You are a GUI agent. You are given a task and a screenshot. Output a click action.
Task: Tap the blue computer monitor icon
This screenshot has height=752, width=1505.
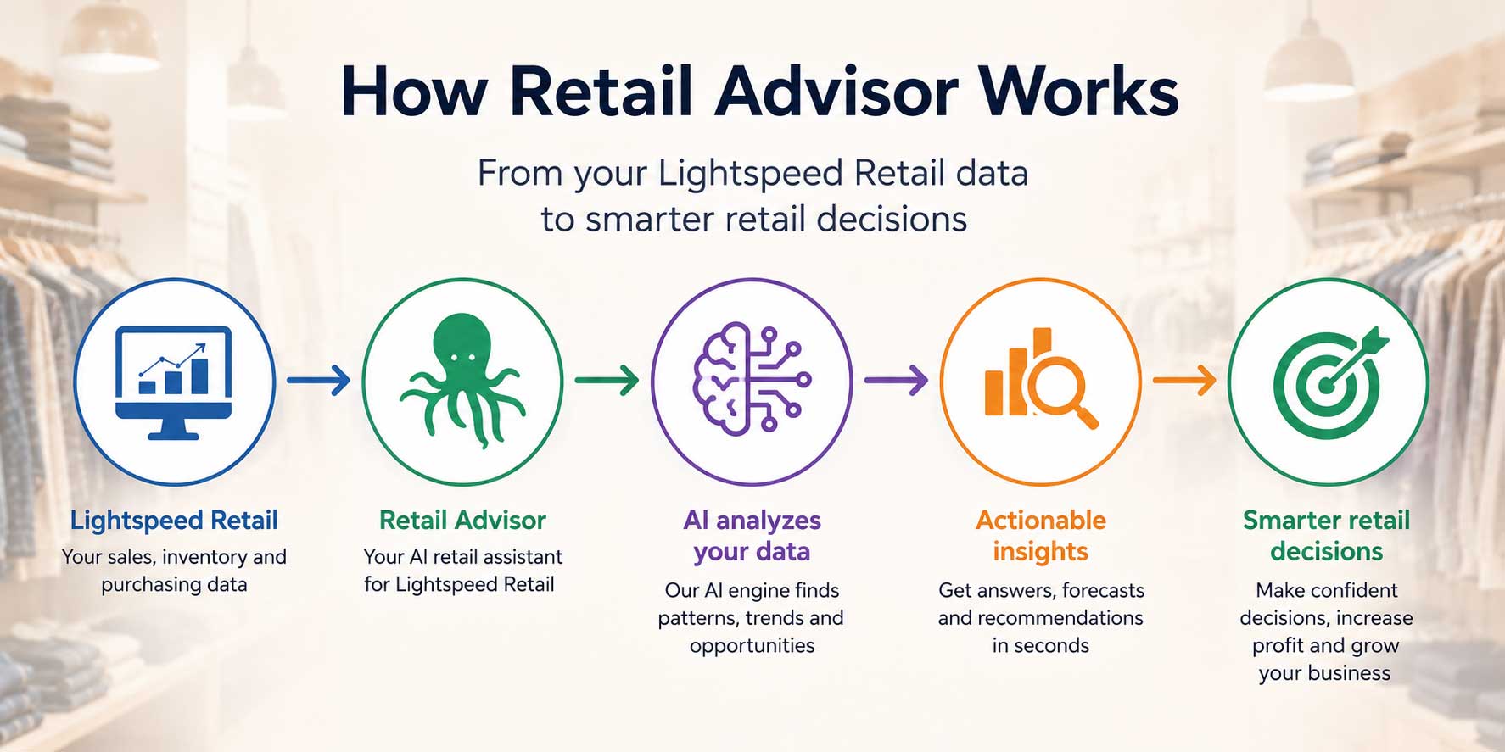[x=174, y=382]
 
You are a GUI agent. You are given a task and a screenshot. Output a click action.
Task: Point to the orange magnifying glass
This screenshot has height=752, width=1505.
[x=1060, y=388]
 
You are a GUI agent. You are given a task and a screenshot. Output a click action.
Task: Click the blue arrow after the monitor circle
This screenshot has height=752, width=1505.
[x=318, y=380]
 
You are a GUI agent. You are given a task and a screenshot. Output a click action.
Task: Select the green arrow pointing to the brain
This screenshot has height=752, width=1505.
[x=607, y=380]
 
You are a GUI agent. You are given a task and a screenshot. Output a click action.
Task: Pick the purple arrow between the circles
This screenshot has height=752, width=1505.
[x=896, y=380]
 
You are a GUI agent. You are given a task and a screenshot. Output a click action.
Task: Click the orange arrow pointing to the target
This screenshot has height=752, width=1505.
[x=1184, y=380]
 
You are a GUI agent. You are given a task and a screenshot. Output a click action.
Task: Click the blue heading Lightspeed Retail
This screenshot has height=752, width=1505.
[x=174, y=521]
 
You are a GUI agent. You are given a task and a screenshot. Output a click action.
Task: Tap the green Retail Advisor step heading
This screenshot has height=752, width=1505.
[x=462, y=520]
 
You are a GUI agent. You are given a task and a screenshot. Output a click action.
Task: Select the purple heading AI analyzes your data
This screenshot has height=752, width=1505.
[x=752, y=536]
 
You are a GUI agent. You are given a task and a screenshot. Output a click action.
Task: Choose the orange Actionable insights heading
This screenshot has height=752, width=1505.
[x=1041, y=536]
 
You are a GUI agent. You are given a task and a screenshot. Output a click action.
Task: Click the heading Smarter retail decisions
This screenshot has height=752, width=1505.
[x=1326, y=536]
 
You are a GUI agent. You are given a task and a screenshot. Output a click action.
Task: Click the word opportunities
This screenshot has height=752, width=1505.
[x=752, y=646]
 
